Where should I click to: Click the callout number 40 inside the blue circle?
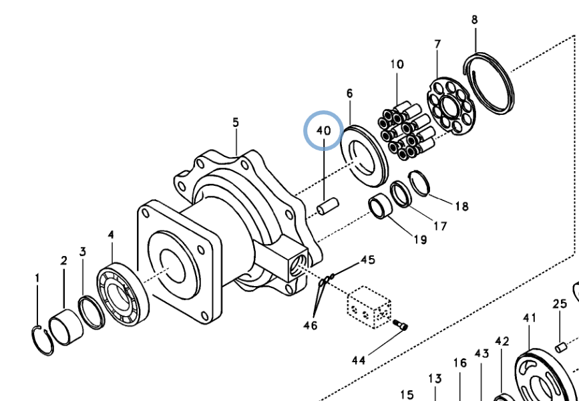323,130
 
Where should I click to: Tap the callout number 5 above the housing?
236,122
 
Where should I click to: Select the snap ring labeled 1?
43,337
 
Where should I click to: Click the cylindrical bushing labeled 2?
67,328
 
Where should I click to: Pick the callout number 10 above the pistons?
397,65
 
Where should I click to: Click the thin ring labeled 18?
419,183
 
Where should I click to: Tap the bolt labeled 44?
400,325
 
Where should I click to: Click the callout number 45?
368,259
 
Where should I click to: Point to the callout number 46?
310,325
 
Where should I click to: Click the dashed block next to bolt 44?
367,307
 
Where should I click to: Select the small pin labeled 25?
562,346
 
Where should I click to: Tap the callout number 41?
530,317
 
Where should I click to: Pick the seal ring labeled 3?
90,311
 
